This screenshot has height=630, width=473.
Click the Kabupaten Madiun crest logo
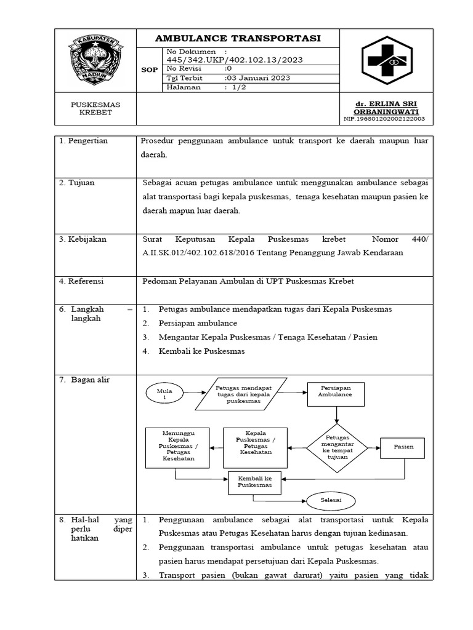[95, 60]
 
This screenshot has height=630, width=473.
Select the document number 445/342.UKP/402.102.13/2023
[234, 60]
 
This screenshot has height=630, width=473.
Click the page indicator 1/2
[238, 87]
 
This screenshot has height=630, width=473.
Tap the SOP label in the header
[150, 70]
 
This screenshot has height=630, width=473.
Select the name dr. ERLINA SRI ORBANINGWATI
[386, 108]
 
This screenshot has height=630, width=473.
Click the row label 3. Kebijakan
[83, 239]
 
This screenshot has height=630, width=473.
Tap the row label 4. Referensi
[81, 281]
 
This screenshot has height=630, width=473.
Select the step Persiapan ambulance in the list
[198, 323]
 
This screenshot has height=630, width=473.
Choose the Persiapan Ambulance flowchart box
[336, 394]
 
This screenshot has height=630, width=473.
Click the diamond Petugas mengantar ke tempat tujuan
[336, 447]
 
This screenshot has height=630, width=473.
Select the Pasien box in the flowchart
[404, 447]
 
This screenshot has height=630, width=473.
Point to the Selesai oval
[330, 500]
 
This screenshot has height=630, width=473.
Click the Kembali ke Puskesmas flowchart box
[255, 482]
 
